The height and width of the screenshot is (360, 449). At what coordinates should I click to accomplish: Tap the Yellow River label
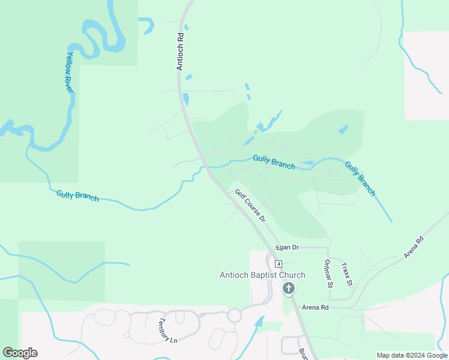tap(70, 71)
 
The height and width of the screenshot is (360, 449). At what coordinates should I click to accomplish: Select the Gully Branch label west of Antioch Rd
tap(77, 195)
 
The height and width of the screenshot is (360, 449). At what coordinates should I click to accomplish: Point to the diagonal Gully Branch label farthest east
tap(360, 178)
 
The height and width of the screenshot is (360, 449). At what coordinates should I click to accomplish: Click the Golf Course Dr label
tap(250, 206)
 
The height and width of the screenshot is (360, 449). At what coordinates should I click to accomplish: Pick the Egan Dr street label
tap(288, 247)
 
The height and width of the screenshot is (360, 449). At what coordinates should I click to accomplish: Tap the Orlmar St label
tap(328, 274)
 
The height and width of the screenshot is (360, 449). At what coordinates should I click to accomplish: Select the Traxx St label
tap(345, 273)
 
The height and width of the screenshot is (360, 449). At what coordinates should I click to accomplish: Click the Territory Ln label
tap(167, 331)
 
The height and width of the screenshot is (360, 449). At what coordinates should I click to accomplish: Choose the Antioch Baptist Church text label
tap(262, 275)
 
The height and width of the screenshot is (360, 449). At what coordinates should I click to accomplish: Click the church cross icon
tap(289, 289)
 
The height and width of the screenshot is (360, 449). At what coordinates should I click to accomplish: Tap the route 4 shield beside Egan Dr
tap(279, 264)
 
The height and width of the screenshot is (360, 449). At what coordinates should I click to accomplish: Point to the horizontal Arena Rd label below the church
tap(315, 307)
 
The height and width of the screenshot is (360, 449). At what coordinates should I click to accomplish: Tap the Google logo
tap(20, 353)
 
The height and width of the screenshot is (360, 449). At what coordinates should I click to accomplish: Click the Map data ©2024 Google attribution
tap(412, 355)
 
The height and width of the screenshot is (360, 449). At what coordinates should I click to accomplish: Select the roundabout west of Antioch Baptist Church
tap(234, 314)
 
